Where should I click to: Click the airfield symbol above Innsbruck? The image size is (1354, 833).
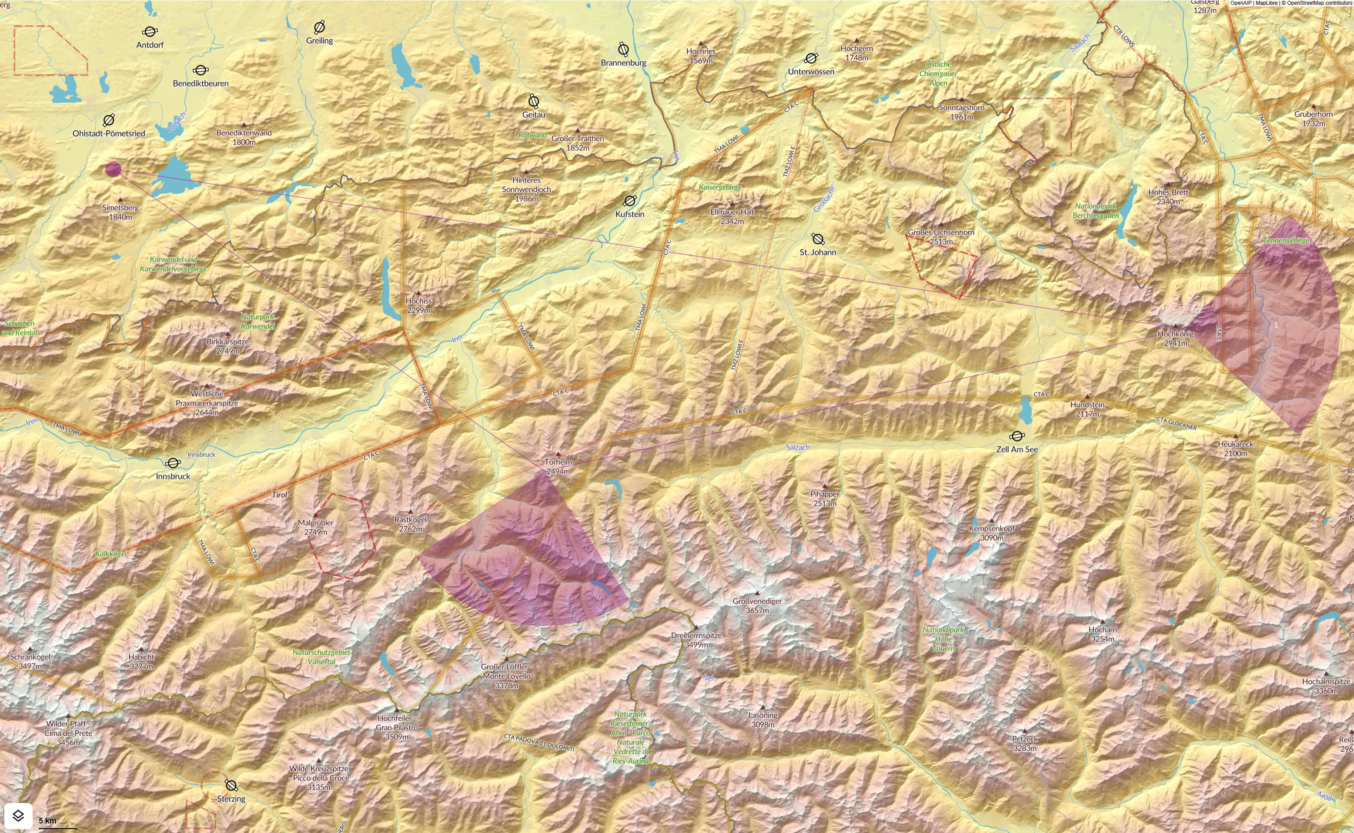pyautogui.click(x=173, y=463)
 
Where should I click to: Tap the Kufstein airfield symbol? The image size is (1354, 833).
pyautogui.click(x=629, y=201)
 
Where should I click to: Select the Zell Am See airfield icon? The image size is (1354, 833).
pyautogui.click(x=1017, y=436)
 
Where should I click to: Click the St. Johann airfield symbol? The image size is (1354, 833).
pyautogui.click(x=818, y=239)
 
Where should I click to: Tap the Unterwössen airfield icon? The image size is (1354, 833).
pyautogui.click(x=811, y=58)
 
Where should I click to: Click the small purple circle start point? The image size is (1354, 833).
pyautogui.click(x=113, y=169)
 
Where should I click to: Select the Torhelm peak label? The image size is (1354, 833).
pyautogui.click(x=558, y=466)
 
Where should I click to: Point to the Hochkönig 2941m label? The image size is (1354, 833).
pyautogui.click(x=1175, y=338)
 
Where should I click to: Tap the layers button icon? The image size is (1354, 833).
pyautogui.click(x=18, y=815)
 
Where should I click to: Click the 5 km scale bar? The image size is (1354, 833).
pyautogui.click(x=57, y=824)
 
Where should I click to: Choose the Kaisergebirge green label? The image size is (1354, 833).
pyautogui.click(x=720, y=187)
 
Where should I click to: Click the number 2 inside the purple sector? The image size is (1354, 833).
pyautogui.click(x=526, y=560)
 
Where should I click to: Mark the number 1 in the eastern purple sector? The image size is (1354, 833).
pyautogui.click(x=1276, y=325)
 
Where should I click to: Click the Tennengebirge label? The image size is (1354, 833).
pyautogui.click(x=1286, y=240)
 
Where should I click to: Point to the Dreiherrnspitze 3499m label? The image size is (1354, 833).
pyautogui.click(x=696, y=640)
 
